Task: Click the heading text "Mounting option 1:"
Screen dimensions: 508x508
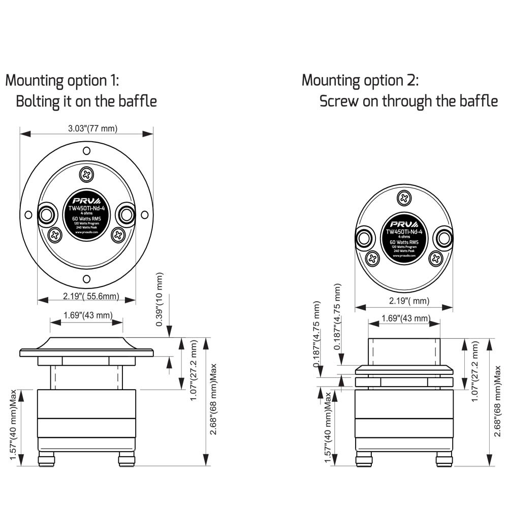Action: click(x=62, y=80)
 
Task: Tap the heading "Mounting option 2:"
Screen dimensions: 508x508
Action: click(x=360, y=80)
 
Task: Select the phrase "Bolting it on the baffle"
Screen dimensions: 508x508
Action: click(x=86, y=101)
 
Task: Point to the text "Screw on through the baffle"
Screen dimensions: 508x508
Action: click(x=408, y=101)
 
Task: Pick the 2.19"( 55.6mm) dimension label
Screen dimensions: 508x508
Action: click(x=87, y=296)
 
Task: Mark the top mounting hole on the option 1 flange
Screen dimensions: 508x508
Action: click(x=87, y=151)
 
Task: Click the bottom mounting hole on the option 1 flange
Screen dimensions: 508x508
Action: click(x=87, y=278)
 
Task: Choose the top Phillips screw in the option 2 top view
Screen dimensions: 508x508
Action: click(x=404, y=199)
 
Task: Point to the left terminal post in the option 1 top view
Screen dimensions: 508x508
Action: click(x=47, y=214)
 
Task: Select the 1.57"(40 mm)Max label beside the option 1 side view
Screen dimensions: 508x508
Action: click(x=13, y=425)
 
